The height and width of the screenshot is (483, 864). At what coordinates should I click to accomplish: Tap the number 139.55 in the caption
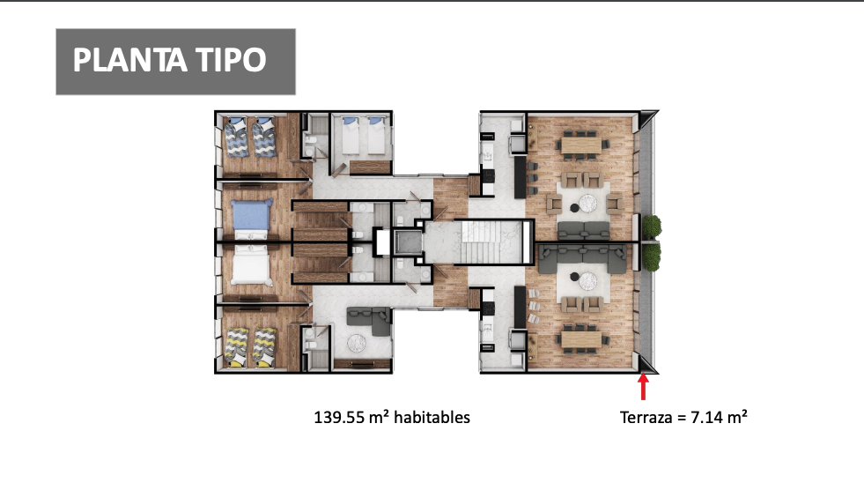coord(339,418)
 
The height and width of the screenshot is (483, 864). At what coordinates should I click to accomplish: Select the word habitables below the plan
coord(432,418)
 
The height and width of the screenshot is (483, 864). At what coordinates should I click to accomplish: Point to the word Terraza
coord(646,418)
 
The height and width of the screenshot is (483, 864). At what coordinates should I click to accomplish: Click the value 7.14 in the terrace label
coord(706,418)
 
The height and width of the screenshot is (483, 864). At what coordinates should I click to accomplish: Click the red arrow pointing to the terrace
coord(643,387)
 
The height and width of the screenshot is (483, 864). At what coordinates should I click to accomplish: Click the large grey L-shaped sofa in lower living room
coord(582,259)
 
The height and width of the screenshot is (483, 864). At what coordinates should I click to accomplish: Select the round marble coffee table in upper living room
coord(588,203)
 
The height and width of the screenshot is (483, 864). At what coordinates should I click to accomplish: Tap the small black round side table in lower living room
coord(574,277)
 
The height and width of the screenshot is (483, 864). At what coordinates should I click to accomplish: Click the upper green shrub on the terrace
coord(652,226)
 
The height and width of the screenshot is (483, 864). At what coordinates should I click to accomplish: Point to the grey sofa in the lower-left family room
coord(369,321)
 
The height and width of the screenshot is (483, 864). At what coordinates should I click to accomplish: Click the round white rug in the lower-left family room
coord(357,344)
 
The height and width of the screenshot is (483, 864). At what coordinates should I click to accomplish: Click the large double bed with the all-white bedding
coord(251,265)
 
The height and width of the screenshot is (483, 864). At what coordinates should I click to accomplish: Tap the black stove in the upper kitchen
coord(488,176)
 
